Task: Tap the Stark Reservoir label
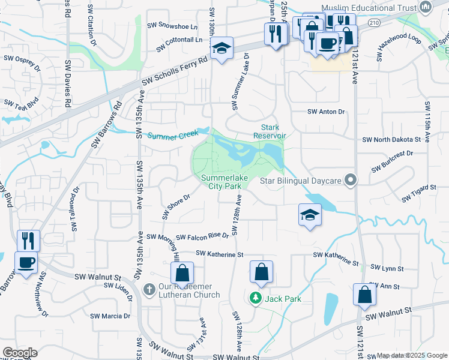(274, 131)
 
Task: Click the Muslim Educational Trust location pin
(426, 8)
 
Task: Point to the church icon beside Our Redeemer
(150, 290)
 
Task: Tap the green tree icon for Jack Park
(255, 298)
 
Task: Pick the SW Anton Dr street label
(327, 112)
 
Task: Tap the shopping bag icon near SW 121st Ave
(364, 294)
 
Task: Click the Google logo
(20, 352)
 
